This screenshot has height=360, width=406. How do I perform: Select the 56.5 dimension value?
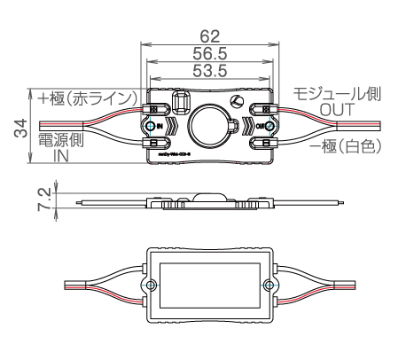pyautogui.click(x=209, y=55)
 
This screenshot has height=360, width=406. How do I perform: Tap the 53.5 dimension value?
pyautogui.click(x=209, y=71)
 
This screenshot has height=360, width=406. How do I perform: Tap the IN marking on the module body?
pyautogui.click(x=160, y=127)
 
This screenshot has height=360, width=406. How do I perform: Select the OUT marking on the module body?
pyautogui.click(x=261, y=127)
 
